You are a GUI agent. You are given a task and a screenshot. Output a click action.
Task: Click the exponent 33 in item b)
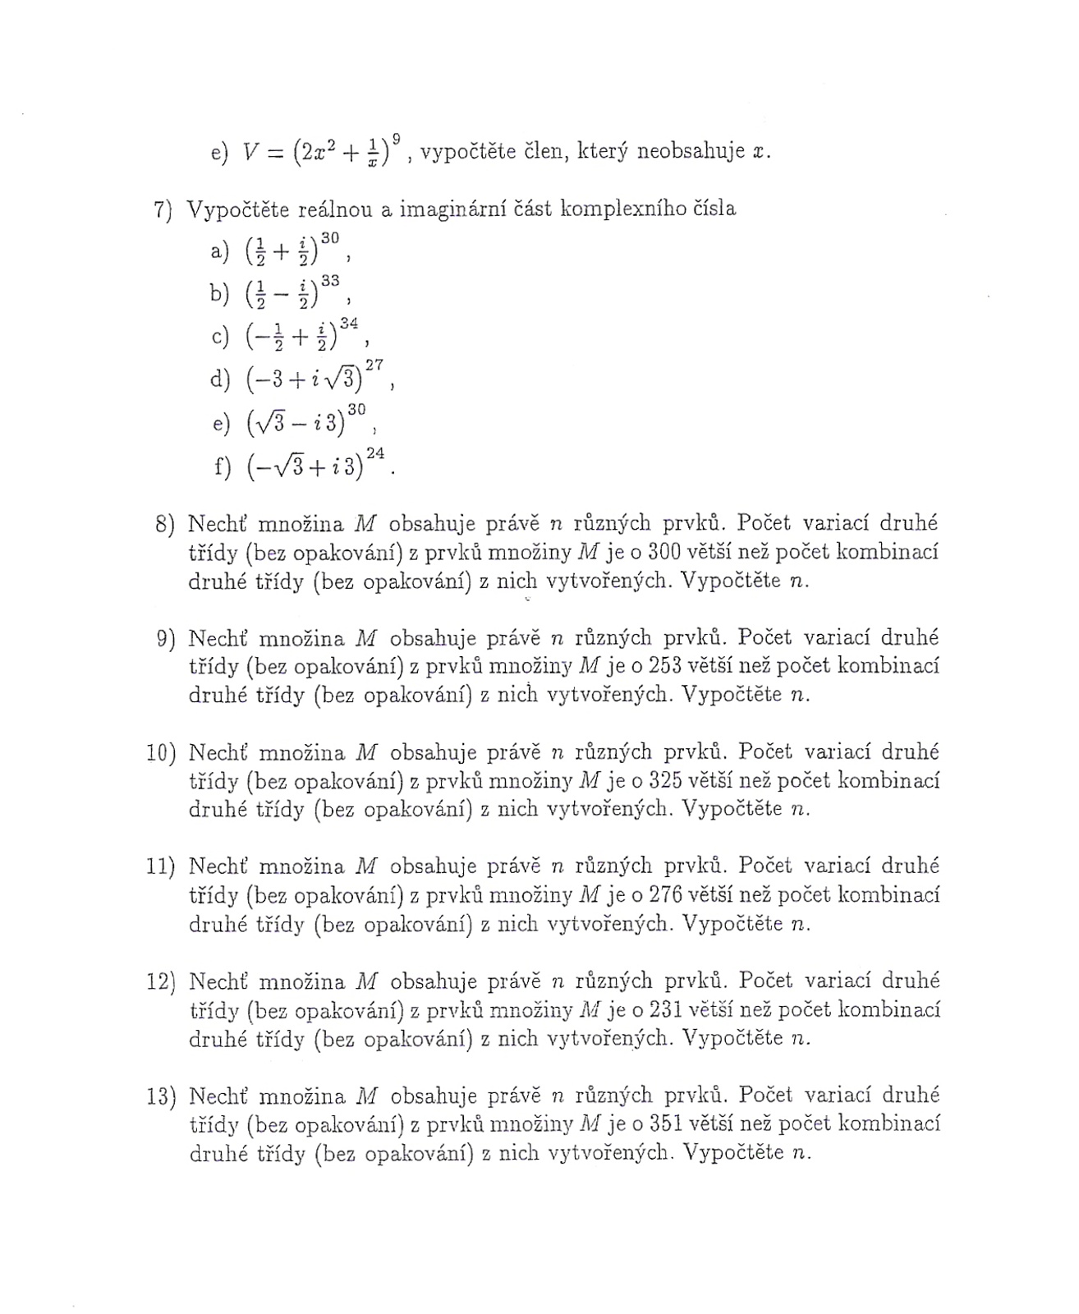tap(330, 281)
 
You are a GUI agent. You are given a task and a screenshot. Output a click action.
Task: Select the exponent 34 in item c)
tap(348, 324)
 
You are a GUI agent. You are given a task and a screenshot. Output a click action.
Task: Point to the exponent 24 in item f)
tap(375, 453)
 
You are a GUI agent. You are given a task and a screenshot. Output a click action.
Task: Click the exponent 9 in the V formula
tap(397, 140)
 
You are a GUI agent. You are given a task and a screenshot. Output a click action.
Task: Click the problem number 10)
tap(161, 752)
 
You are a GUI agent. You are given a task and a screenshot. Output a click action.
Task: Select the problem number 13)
tap(161, 1096)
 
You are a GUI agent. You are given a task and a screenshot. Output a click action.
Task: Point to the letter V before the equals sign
tap(251, 153)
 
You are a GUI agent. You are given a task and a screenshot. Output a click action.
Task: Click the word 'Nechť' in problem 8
tap(217, 523)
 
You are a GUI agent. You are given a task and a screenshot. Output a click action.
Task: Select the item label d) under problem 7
tap(220, 379)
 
